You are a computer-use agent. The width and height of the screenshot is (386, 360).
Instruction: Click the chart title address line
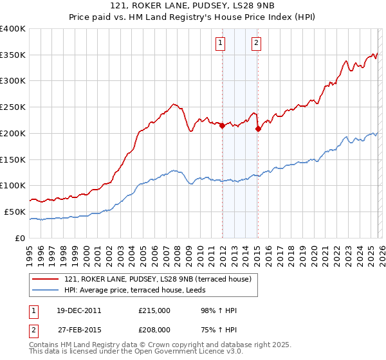click(x=192, y=7)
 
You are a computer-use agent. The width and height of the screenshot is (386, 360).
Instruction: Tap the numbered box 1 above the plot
click(x=221, y=43)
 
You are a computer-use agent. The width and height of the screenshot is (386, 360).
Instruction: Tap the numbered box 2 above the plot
click(x=256, y=43)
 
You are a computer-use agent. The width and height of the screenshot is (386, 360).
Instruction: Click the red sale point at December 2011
click(x=222, y=126)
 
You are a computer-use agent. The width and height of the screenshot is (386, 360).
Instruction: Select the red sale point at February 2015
click(x=258, y=129)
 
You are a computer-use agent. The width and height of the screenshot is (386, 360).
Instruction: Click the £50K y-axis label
click(x=14, y=212)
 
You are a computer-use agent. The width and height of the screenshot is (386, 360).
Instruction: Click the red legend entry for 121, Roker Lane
click(x=161, y=278)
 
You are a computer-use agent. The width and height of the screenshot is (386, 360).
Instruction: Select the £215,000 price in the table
click(x=154, y=310)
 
